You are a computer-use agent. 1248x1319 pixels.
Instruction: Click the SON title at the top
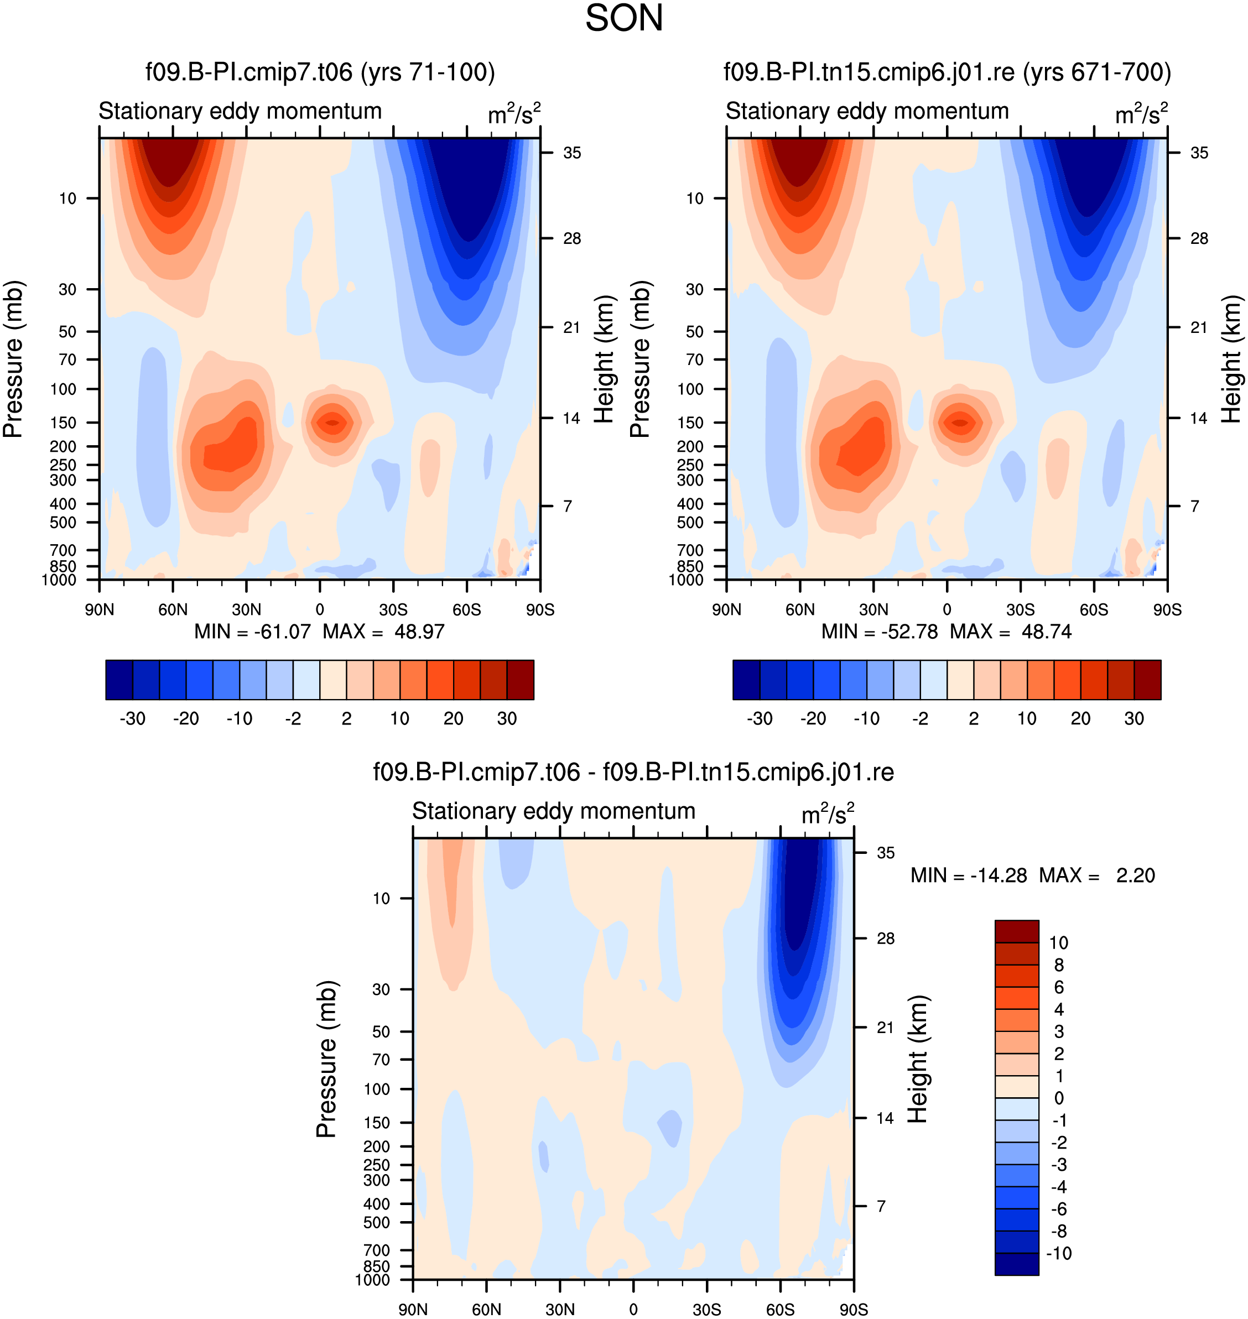pos(624,18)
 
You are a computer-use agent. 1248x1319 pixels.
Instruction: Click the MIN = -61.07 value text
pos(253,631)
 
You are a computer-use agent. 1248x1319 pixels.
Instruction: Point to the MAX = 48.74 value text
pos(1011,631)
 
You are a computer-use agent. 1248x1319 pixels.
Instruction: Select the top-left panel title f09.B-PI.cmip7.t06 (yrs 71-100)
pos(320,72)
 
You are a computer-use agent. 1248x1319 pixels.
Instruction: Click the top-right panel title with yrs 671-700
pos(947,72)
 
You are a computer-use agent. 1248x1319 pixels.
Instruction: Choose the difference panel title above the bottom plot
pos(633,772)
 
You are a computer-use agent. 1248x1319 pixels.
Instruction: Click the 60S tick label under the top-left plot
pos(466,610)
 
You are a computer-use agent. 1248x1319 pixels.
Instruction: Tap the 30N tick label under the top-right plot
pos(873,610)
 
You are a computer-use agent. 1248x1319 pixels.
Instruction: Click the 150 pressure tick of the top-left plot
pos(63,423)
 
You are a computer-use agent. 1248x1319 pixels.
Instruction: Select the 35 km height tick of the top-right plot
pos(1199,153)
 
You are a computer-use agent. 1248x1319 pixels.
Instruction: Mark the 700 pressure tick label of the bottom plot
pos(377,1250)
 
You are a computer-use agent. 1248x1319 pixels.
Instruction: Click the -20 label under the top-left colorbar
pos(186,718)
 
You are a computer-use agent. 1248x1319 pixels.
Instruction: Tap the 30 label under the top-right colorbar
pos(1133,718)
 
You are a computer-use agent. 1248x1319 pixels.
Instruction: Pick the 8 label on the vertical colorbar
pos(1059,965)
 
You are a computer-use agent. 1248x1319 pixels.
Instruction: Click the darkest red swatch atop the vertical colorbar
pos(1017,931)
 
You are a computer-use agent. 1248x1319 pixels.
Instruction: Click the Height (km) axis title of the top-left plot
pos(604,359)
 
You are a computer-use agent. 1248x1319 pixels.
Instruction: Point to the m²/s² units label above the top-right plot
pos(1142,113)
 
